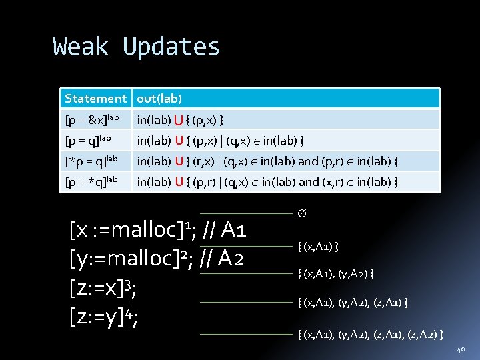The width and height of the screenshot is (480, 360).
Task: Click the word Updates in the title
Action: pyautogui.click(x=171, y=47)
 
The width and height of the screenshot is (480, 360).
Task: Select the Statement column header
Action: pyautogui.click(x=95, y=99)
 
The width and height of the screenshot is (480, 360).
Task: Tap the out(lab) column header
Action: pyautogui.click(x=159, y=99)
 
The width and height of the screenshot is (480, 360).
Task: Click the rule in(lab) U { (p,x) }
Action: pyautogui.click(x=180, y=120)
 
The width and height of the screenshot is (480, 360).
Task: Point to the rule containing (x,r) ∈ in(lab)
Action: pyautogui.click(x=267, y=181)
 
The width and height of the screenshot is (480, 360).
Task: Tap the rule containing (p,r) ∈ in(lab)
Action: pyautogui.click(x=267, y=161)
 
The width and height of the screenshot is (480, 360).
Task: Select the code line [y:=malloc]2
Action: pyautogui.click(x=157, y=259)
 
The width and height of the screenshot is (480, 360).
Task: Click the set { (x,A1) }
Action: pyautogui.click(x=319, y=247)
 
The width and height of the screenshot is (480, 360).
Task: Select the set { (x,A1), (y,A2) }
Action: pyautogui.click(x=335, y=274)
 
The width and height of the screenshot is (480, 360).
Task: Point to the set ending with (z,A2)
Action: pyautogui.click(x=371, y=333)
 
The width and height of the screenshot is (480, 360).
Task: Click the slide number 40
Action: pyautogui.click(x=461, y=350)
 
